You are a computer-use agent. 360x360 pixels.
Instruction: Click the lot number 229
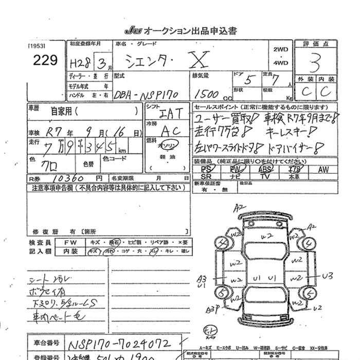tap(46, 61)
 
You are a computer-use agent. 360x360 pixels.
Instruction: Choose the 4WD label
tap(281, 63)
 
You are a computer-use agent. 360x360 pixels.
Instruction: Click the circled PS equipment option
tap(207, 169)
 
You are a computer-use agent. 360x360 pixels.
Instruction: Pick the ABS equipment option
tap(265, 169)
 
